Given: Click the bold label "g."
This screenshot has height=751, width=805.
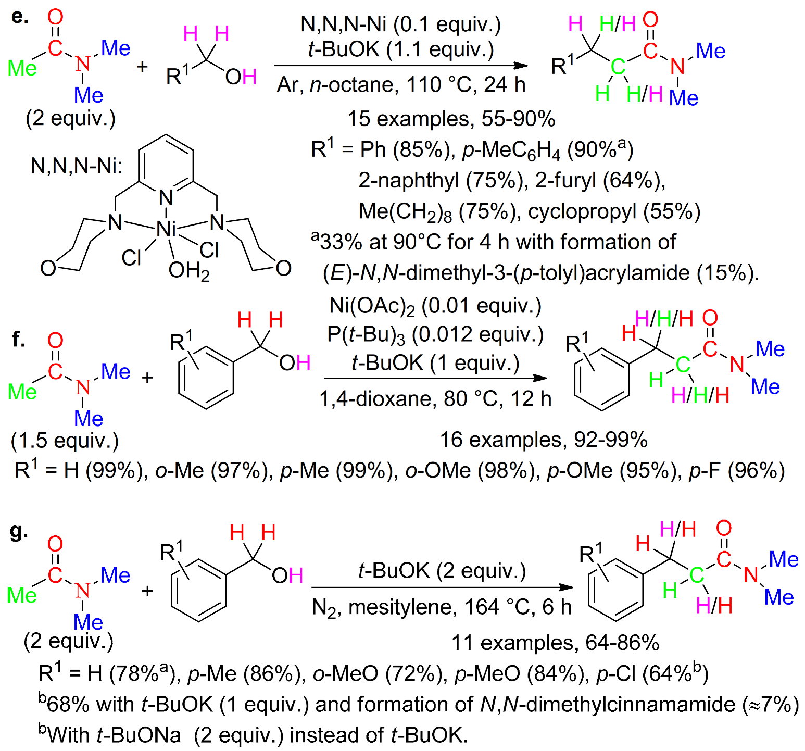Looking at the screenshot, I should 19,531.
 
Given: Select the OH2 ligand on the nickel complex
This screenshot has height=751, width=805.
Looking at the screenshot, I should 188,271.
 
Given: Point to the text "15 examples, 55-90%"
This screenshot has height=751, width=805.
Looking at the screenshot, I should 451,119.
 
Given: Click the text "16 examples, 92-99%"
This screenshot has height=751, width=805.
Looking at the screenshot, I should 544,440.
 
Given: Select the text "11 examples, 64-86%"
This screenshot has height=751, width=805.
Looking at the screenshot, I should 555,643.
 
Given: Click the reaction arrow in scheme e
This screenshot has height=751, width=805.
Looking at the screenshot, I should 401,66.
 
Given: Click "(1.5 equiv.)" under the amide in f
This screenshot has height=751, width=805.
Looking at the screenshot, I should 65,441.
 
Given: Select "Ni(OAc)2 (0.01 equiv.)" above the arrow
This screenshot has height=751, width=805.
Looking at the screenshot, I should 435,306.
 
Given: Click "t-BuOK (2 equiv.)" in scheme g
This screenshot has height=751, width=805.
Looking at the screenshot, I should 442,571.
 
